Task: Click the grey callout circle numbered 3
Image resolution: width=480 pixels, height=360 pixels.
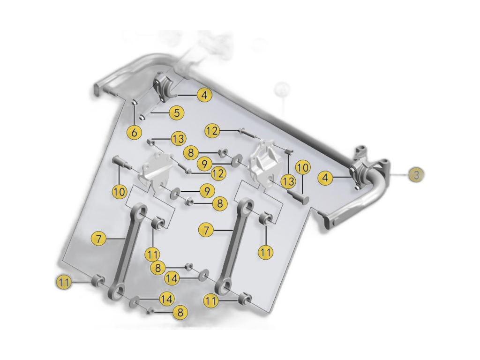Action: pyautogui.click(x=416, y=175)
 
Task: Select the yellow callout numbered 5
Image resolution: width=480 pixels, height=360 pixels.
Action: pyautogui.click(x=177, y=112)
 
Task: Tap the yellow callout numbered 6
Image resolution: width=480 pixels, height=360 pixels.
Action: pyautogui.click(x=135, y=133)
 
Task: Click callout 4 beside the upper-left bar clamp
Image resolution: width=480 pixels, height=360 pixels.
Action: pyautogui.click(x=204, y=95)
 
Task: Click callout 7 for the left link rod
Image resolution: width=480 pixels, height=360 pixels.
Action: pyautogui.click(x=98, y=239)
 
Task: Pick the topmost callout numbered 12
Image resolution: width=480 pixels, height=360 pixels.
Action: pyautogui.click(x=212, y=131)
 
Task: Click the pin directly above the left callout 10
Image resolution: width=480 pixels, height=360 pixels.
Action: pyautogui.click(x=120, y=162)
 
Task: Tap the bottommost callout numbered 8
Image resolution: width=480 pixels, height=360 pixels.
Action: pyautogui.click(x=180, y=312)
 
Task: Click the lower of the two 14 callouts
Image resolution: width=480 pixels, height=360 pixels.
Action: pyautogui.click(x=166, y=299)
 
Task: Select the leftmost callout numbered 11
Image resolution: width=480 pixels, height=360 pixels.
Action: pyautogui.click(x=64, y=282)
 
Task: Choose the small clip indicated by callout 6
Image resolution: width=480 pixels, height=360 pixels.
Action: pyautogui.click(x=135, y=102)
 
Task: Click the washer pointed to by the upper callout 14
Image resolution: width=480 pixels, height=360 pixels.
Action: pyautogui.click(x=203, y=276)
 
